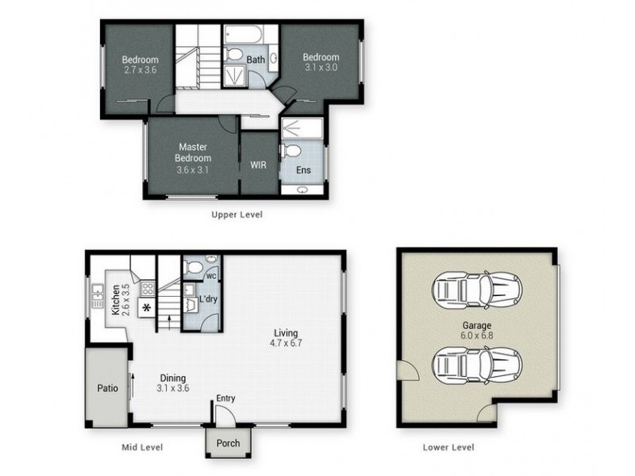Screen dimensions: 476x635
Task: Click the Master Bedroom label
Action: click(x=193, y=152)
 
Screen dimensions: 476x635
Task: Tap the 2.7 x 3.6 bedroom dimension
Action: click(x=140, y=70)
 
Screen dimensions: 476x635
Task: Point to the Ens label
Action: click(x=303, y=170)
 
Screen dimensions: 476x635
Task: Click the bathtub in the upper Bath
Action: click(x=248, y=36)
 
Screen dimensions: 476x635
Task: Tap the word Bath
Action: click(x=256, y=59)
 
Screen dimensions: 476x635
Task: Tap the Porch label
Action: click(x=228, y=443)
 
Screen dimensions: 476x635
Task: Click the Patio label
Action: click(x=108, y=390)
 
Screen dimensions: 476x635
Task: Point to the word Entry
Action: click(x=226, y=399)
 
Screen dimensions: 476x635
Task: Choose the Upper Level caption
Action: click(x=236, y=214)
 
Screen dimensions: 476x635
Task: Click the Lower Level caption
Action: click(x=448, y=447)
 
